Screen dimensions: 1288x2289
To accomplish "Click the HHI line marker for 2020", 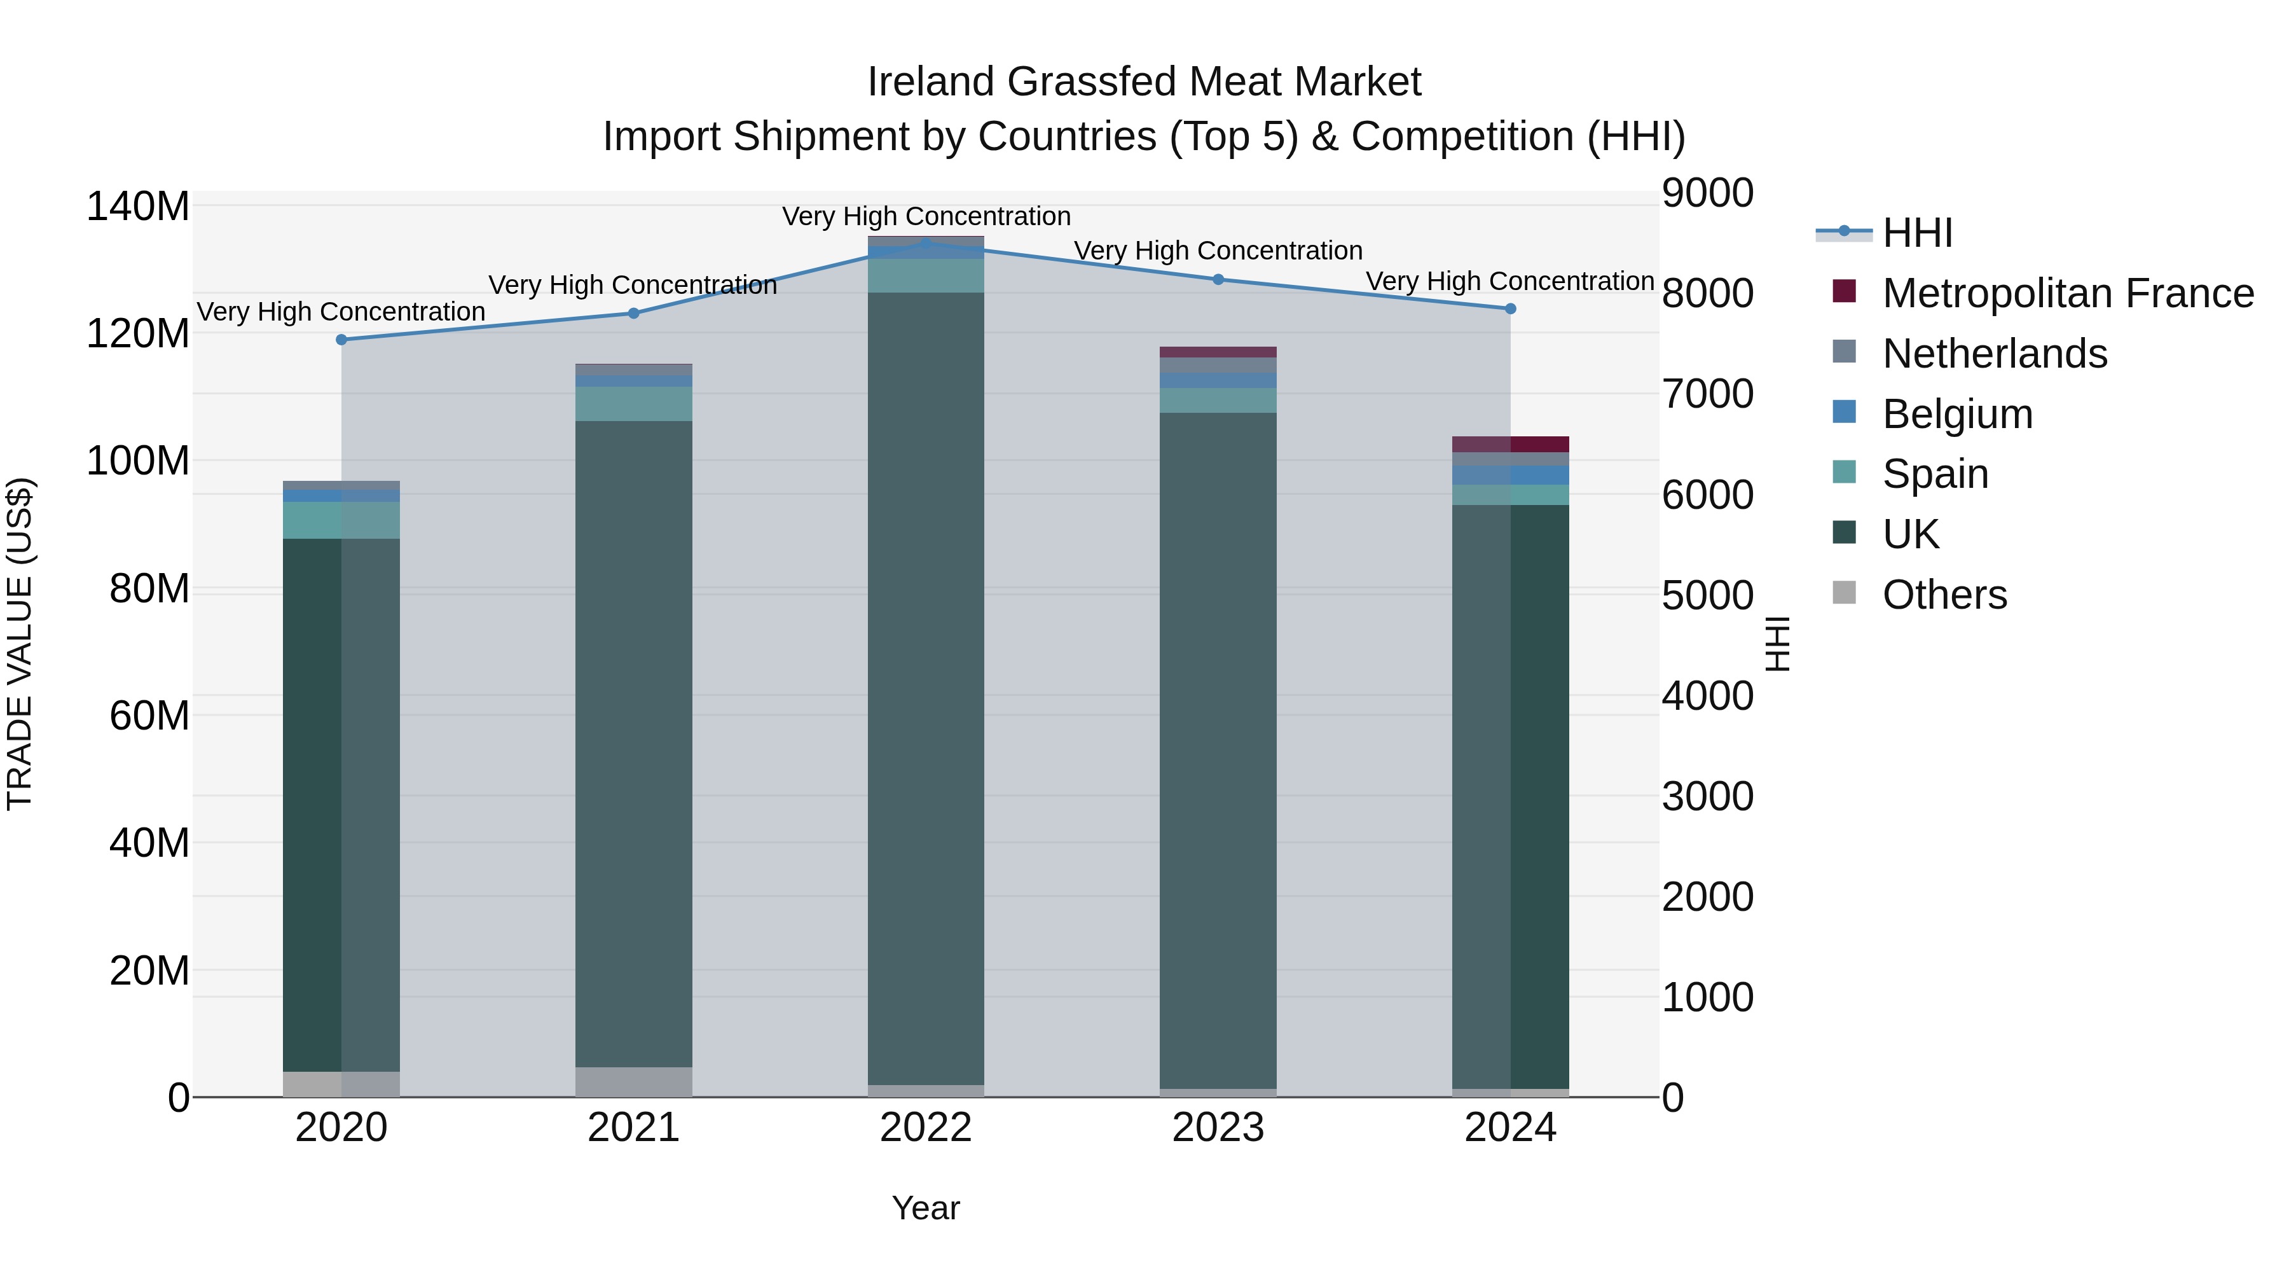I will point(341,340).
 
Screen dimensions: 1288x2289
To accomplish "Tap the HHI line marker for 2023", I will point(1218,279).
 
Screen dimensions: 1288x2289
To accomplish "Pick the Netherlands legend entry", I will point(1994,354).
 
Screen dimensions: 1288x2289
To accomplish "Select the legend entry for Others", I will point(1944,595).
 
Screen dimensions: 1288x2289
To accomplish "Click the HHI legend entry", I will point(1916,233).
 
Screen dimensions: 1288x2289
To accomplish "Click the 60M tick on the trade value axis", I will point(149,716).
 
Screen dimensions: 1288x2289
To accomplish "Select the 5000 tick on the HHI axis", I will point(1707,595).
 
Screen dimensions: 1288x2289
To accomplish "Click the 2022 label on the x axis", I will point(925,1128).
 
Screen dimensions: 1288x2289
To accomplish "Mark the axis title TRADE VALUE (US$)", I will point(20,644).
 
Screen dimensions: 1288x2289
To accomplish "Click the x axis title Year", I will point(925,1208).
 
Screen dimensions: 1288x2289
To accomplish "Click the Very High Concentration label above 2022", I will point(926,216).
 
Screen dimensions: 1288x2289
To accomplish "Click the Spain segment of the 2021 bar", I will point(633,403).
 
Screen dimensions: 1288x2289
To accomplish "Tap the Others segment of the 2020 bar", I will point(341,1084).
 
